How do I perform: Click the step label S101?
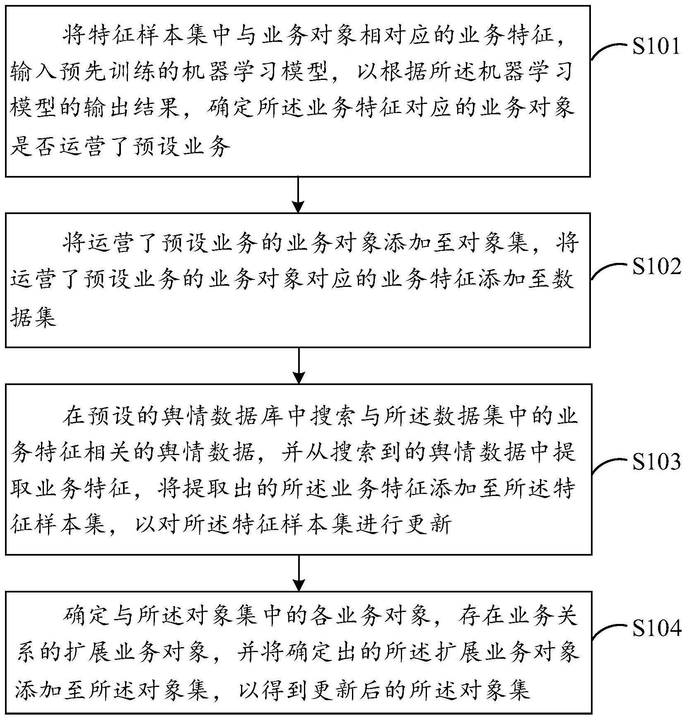coord(656,47)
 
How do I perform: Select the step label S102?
coord(656,267)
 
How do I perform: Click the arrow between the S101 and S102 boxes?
coord(298,195)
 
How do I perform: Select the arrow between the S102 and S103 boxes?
coord(298,365)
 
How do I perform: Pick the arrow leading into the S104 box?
coord(298,573)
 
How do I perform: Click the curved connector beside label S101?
coord(609,50)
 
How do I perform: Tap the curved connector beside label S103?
coord(609,465)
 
